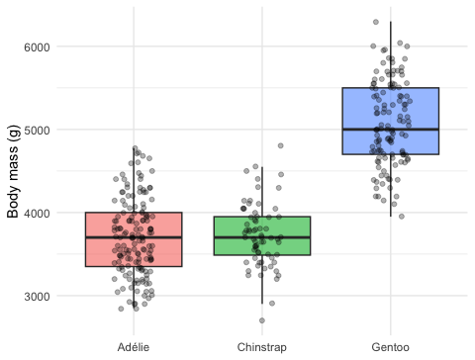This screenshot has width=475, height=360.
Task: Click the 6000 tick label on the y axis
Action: tap(37, 47)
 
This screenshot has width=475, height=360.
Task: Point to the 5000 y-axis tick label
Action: tap(37, 130)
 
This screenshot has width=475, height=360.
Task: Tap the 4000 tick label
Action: tap(37, 213)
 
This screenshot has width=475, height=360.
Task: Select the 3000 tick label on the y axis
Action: tap(37, 296)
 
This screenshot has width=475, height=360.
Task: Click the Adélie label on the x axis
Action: tap(134, 347)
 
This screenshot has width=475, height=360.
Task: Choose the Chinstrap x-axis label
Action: tap(262, 347)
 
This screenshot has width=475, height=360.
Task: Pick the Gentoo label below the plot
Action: tap(391, 347)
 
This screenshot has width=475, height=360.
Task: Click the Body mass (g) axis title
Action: tap(13, 171)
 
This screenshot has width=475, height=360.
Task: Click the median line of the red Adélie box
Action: tap(134, 237)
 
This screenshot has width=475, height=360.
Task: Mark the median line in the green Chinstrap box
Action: tap(262, 237)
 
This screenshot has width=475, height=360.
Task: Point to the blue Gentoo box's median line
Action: tap(391, 130)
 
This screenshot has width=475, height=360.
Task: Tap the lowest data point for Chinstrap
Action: tap(262, 320)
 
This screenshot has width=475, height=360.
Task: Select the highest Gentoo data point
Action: tap(376, 22)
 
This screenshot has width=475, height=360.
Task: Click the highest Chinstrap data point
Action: tap(281, 145)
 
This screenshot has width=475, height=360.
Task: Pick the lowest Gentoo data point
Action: tap(402, 217)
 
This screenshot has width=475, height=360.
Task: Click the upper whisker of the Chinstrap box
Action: tap(262, 192)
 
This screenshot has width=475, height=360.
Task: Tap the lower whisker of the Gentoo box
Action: tap(391, 185)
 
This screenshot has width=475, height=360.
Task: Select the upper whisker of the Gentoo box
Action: tap(391, 54)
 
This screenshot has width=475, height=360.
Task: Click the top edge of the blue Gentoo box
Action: tap(391, 88)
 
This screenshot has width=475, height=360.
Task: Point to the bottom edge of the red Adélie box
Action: tap(134, 266)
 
